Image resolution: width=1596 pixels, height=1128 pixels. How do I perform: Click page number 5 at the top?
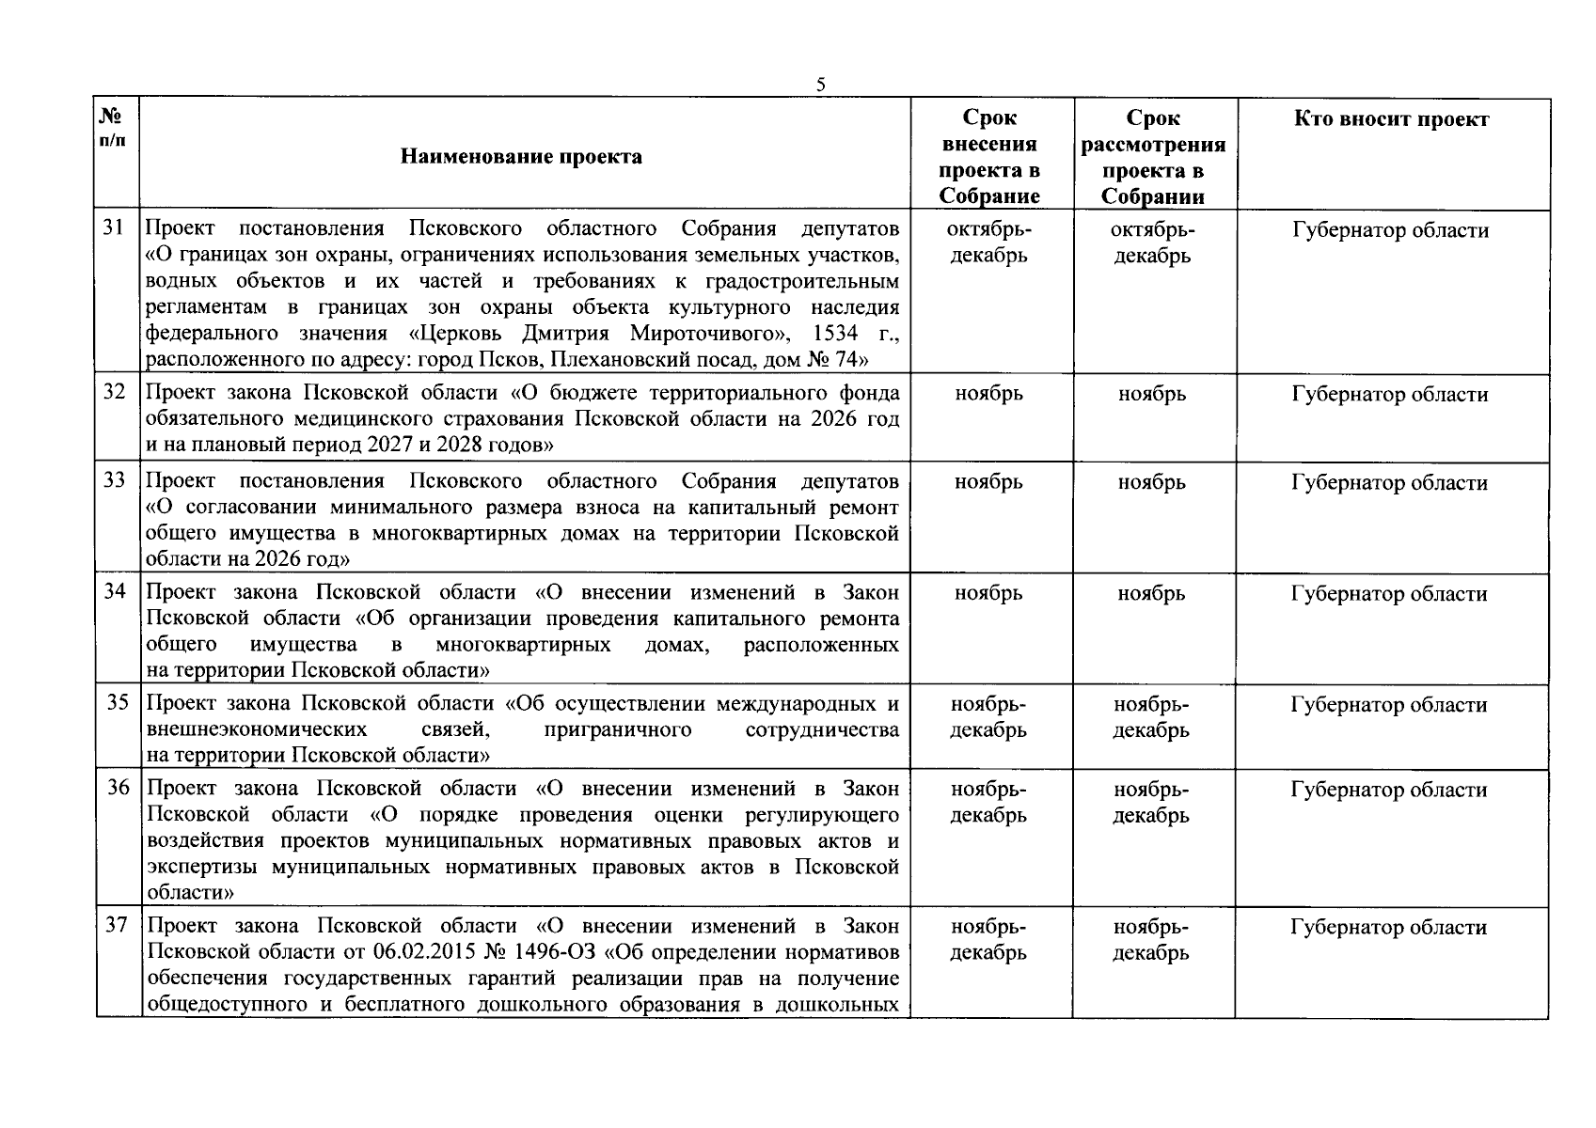pos(820,85)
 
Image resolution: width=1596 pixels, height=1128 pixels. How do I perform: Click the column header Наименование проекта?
pos(521,156)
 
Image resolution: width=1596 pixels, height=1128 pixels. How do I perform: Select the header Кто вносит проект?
pos(1391,119)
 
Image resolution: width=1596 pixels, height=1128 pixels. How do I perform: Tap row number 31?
pos(114,228)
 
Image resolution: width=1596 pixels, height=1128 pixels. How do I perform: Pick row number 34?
pos(115,592)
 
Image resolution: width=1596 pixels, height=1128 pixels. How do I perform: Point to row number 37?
pos(116,925)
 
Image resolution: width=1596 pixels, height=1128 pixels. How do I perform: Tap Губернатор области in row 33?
pos(1389,483)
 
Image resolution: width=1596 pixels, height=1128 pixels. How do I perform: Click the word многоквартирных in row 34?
pos(523,645)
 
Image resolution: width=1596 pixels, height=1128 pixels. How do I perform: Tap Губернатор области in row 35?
pos(1389,705)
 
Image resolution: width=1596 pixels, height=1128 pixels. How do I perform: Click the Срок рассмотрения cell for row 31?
pos(1152,243)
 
